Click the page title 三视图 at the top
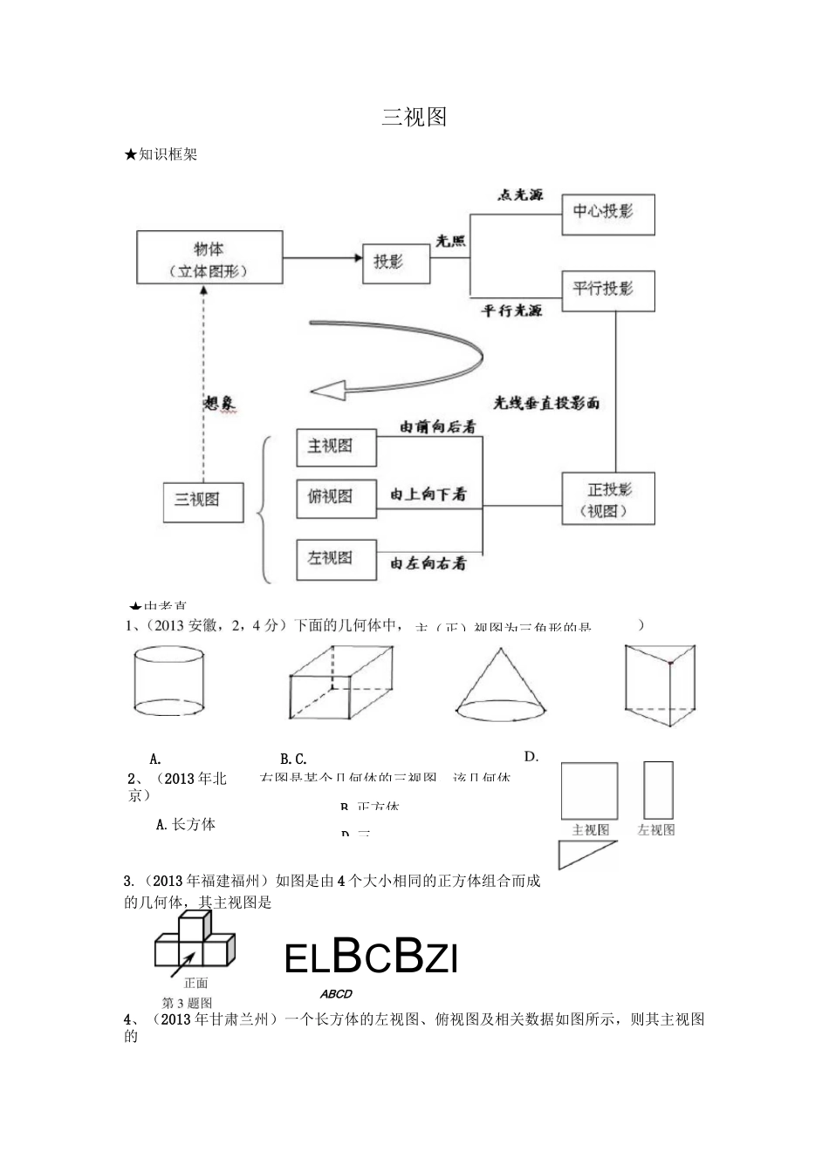tap(414, 118)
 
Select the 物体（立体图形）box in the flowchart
tap(209, 257)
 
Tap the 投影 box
tap(396, 262)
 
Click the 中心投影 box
tap(607, 213)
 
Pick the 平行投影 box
tap(607, 291)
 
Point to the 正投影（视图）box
tap(608, 499)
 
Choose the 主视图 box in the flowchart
tap(336, 446)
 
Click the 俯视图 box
tap(336, 498)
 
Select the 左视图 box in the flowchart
tap(336, 559)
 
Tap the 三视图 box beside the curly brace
tap(203, 501)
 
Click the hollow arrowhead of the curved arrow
tap(331, 391)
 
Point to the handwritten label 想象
tap(219, 403)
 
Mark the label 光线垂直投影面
tap(546, 403)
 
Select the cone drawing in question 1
tap(501, 685)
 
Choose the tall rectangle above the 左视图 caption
tap(658, 790)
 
